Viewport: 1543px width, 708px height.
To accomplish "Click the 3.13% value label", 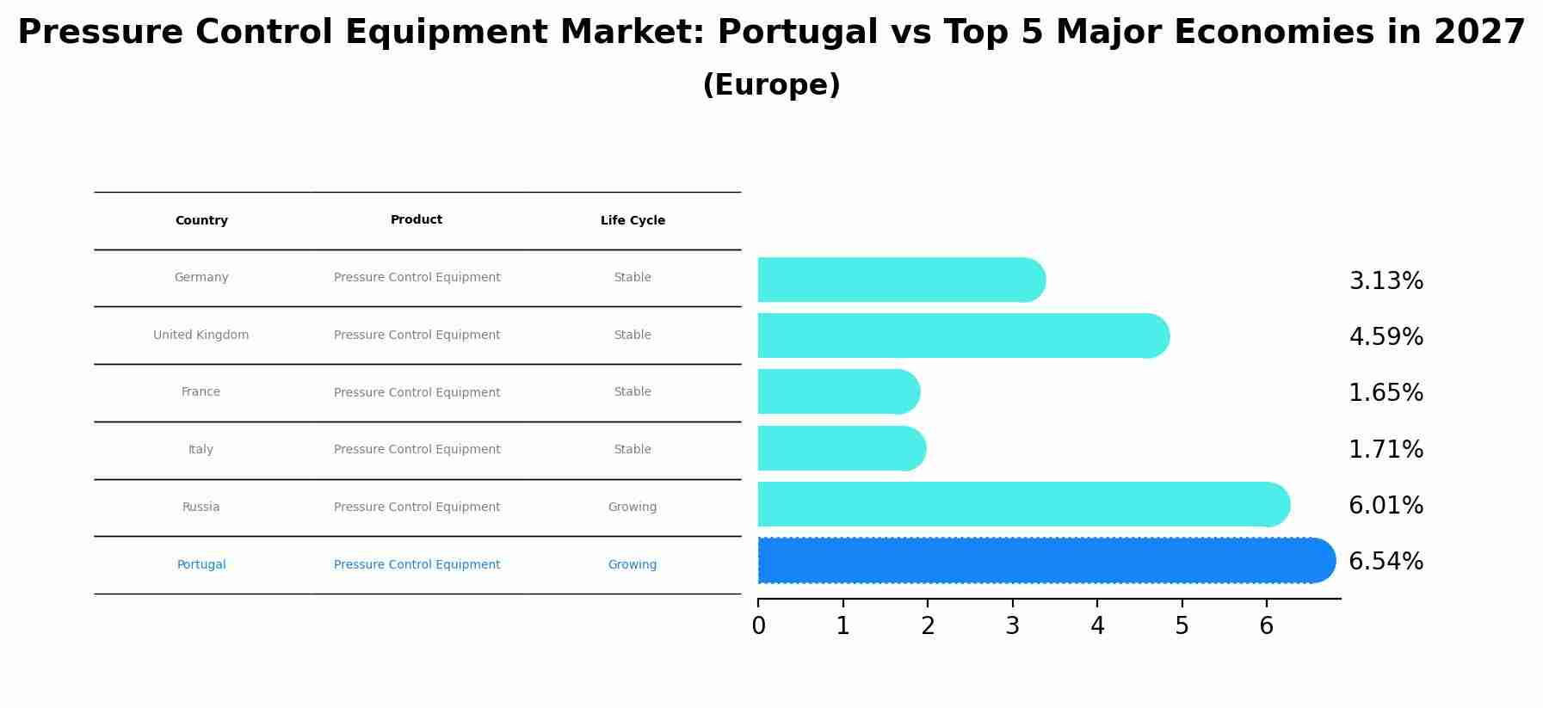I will pos(1386,281).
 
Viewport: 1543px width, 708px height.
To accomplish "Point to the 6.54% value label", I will pos(1386,562).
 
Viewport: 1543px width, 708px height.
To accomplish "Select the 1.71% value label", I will pos(1386,449).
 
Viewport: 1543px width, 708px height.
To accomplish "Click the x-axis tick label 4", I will pos(1097,626).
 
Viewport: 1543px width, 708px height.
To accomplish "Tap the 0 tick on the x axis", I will pos(758,626).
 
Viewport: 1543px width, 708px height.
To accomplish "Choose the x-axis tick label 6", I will pos(1266,626).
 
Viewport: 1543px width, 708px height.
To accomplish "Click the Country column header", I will pos(201,221).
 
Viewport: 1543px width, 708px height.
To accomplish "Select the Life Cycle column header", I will pos(633,221).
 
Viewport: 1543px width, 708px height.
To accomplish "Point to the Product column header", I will pos(417,220).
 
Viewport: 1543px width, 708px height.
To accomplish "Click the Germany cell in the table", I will pos(201,278).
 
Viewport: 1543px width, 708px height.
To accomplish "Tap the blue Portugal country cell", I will pos(201,565).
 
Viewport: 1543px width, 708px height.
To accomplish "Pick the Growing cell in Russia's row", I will pos(633,508).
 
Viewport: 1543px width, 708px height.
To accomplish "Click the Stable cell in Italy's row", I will pos(633,450).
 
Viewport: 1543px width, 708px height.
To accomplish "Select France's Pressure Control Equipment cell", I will pos(417,393).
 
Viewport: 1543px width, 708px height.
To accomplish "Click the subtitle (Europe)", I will pos(771,86).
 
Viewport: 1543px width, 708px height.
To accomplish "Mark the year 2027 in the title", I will pos(1479,33).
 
